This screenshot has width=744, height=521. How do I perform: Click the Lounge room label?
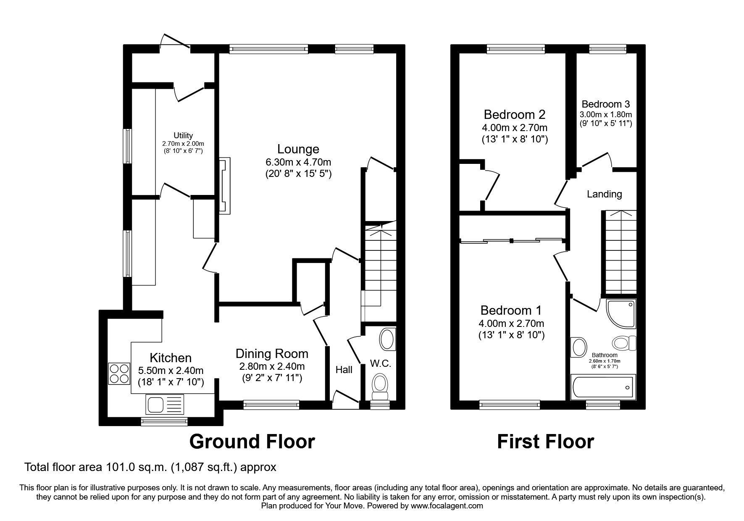point(298,149)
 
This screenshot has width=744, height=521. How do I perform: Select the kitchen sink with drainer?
point(165,404)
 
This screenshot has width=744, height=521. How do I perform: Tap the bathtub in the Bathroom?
point(602,387)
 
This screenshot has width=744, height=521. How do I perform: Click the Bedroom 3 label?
point(605,104)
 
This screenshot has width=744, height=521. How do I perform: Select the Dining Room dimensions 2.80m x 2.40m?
point(272,366)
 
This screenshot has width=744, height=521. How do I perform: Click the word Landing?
point(604,194)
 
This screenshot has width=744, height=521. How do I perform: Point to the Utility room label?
point(183,135)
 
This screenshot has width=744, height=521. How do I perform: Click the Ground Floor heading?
point(252,442)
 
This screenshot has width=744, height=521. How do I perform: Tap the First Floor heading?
point(545,442)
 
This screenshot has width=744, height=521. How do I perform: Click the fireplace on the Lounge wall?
point(225,186)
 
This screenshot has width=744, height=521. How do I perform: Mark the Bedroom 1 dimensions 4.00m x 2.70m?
point(511,324)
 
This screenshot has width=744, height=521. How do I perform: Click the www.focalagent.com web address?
point(447,506)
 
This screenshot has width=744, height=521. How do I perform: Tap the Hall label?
point(344,370)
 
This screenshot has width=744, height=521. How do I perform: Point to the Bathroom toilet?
point(625,343)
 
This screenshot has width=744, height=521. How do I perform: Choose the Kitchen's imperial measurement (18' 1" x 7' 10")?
point(171,382)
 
